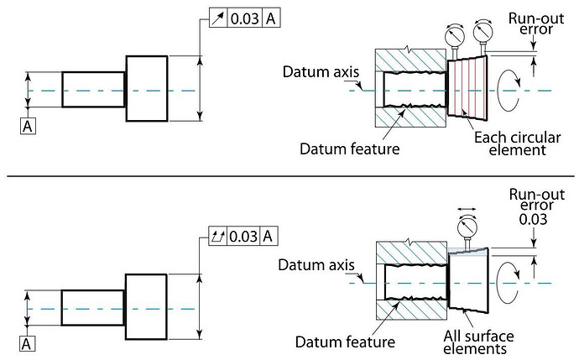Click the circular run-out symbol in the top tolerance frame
pyautogui.click(x=217, y=18)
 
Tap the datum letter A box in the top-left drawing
pyautogui.click(x=29, y=126)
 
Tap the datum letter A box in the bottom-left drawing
pyautogui.click(x=29, y=344)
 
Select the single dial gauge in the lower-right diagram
pyautogui.click(x=467, y=227)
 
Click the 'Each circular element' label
pyautogui.click(x=509, y=143)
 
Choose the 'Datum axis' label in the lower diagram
pyautogui.click(x=311, y=265)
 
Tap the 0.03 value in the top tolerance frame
pyautogui.click(x=245, y=18)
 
